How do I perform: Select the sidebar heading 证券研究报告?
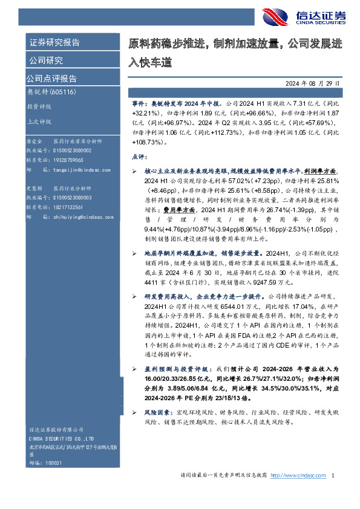(x=54, y=43)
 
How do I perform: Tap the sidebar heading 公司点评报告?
(x=51, y=79)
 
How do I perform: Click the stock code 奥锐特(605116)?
(x=50, y=92)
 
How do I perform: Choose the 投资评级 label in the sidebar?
(x=38, y=106)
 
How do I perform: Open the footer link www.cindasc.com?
(x=299, y=475)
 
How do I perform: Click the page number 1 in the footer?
(x=333, y=475)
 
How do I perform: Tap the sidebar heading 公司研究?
(x=46, y=60)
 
